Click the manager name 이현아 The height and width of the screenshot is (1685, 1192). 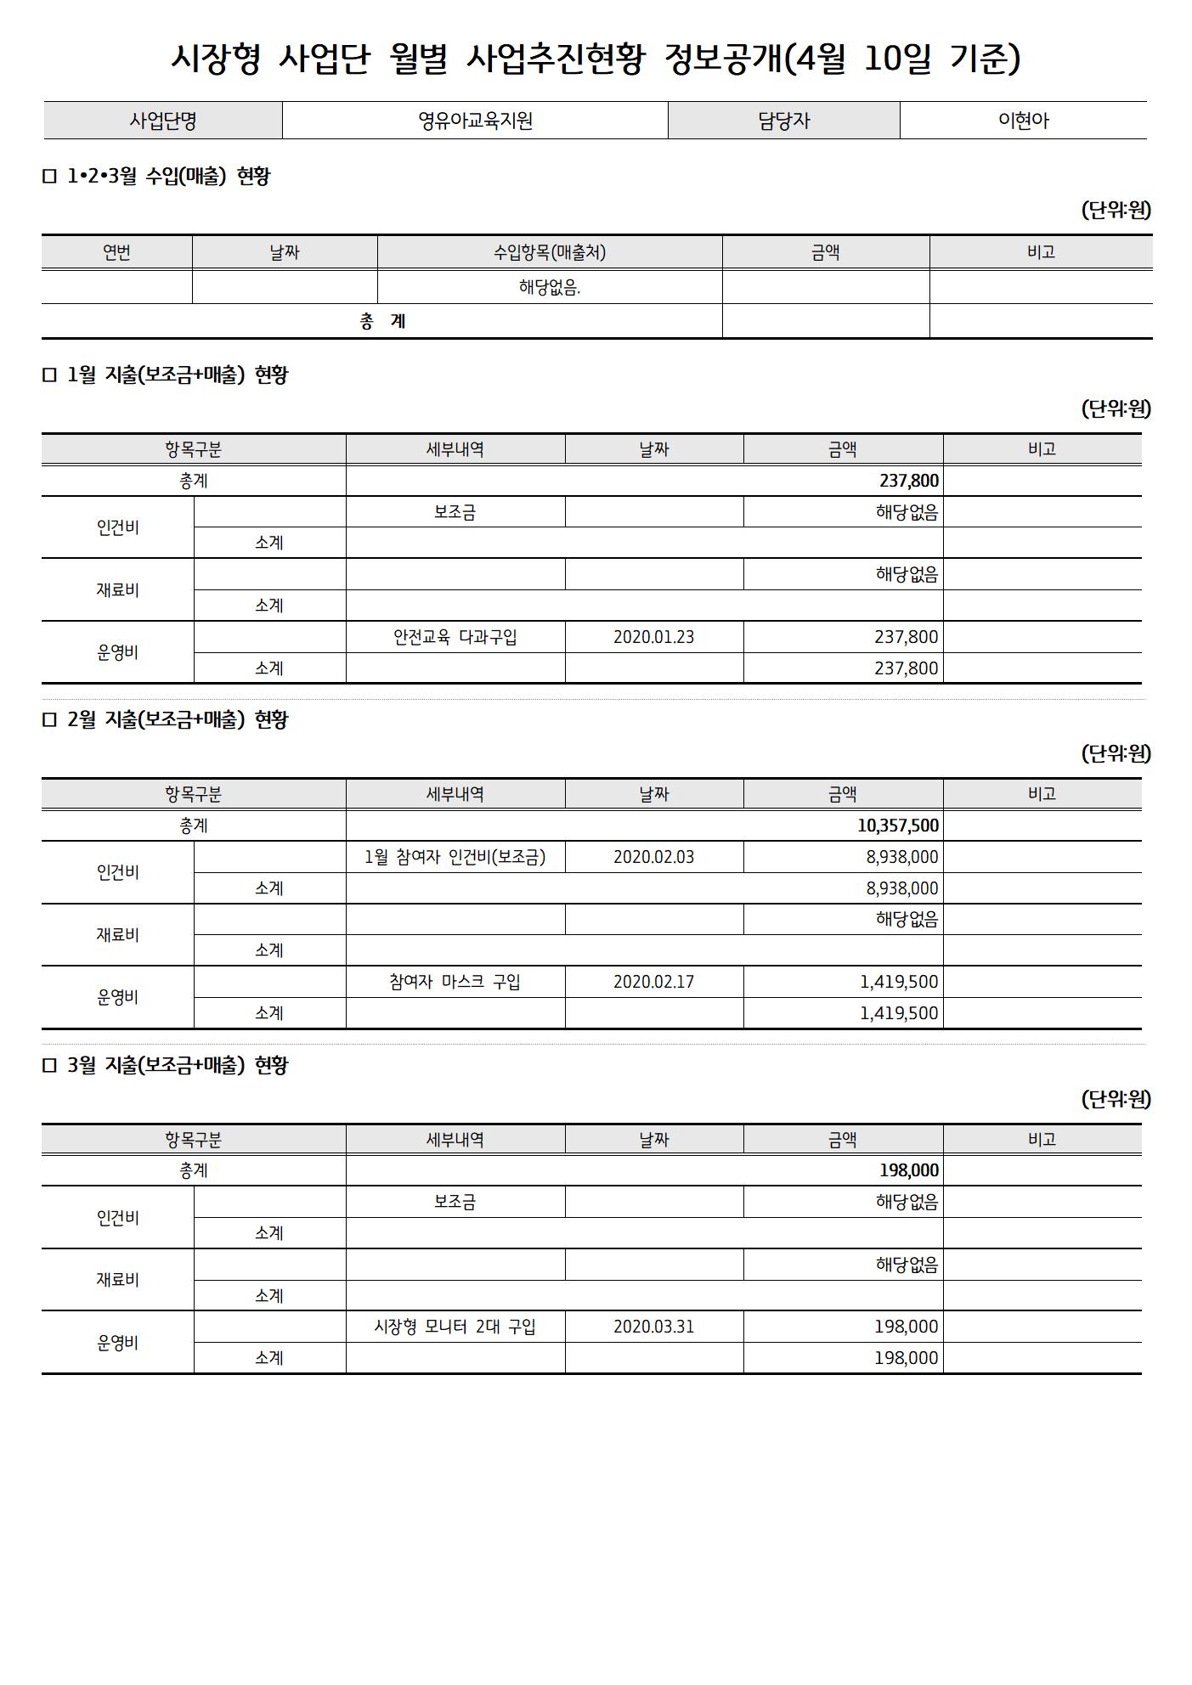1023,121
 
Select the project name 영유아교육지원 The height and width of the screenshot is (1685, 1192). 475,121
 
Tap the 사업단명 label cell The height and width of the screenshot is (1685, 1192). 163,121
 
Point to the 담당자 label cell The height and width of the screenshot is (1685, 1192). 783,121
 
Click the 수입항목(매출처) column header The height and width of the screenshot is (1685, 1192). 550,252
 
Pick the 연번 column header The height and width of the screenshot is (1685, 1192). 116,252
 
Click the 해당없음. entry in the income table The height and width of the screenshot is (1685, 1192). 550,288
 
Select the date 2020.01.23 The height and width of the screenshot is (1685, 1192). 653,637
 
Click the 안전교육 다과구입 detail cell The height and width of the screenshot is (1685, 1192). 455,637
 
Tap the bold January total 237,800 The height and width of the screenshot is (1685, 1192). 908,481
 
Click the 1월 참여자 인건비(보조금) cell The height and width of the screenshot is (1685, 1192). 455,857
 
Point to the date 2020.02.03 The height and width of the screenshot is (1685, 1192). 653,857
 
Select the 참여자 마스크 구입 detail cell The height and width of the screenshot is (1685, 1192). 455,982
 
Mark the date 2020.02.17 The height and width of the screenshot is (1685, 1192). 653,982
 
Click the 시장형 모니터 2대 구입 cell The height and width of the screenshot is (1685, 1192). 455,1327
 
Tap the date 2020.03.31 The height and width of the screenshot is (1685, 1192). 653,1327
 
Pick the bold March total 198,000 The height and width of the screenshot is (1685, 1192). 908,1170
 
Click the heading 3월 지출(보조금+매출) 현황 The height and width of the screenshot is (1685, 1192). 177,1065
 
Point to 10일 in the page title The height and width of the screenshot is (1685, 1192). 898,58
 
